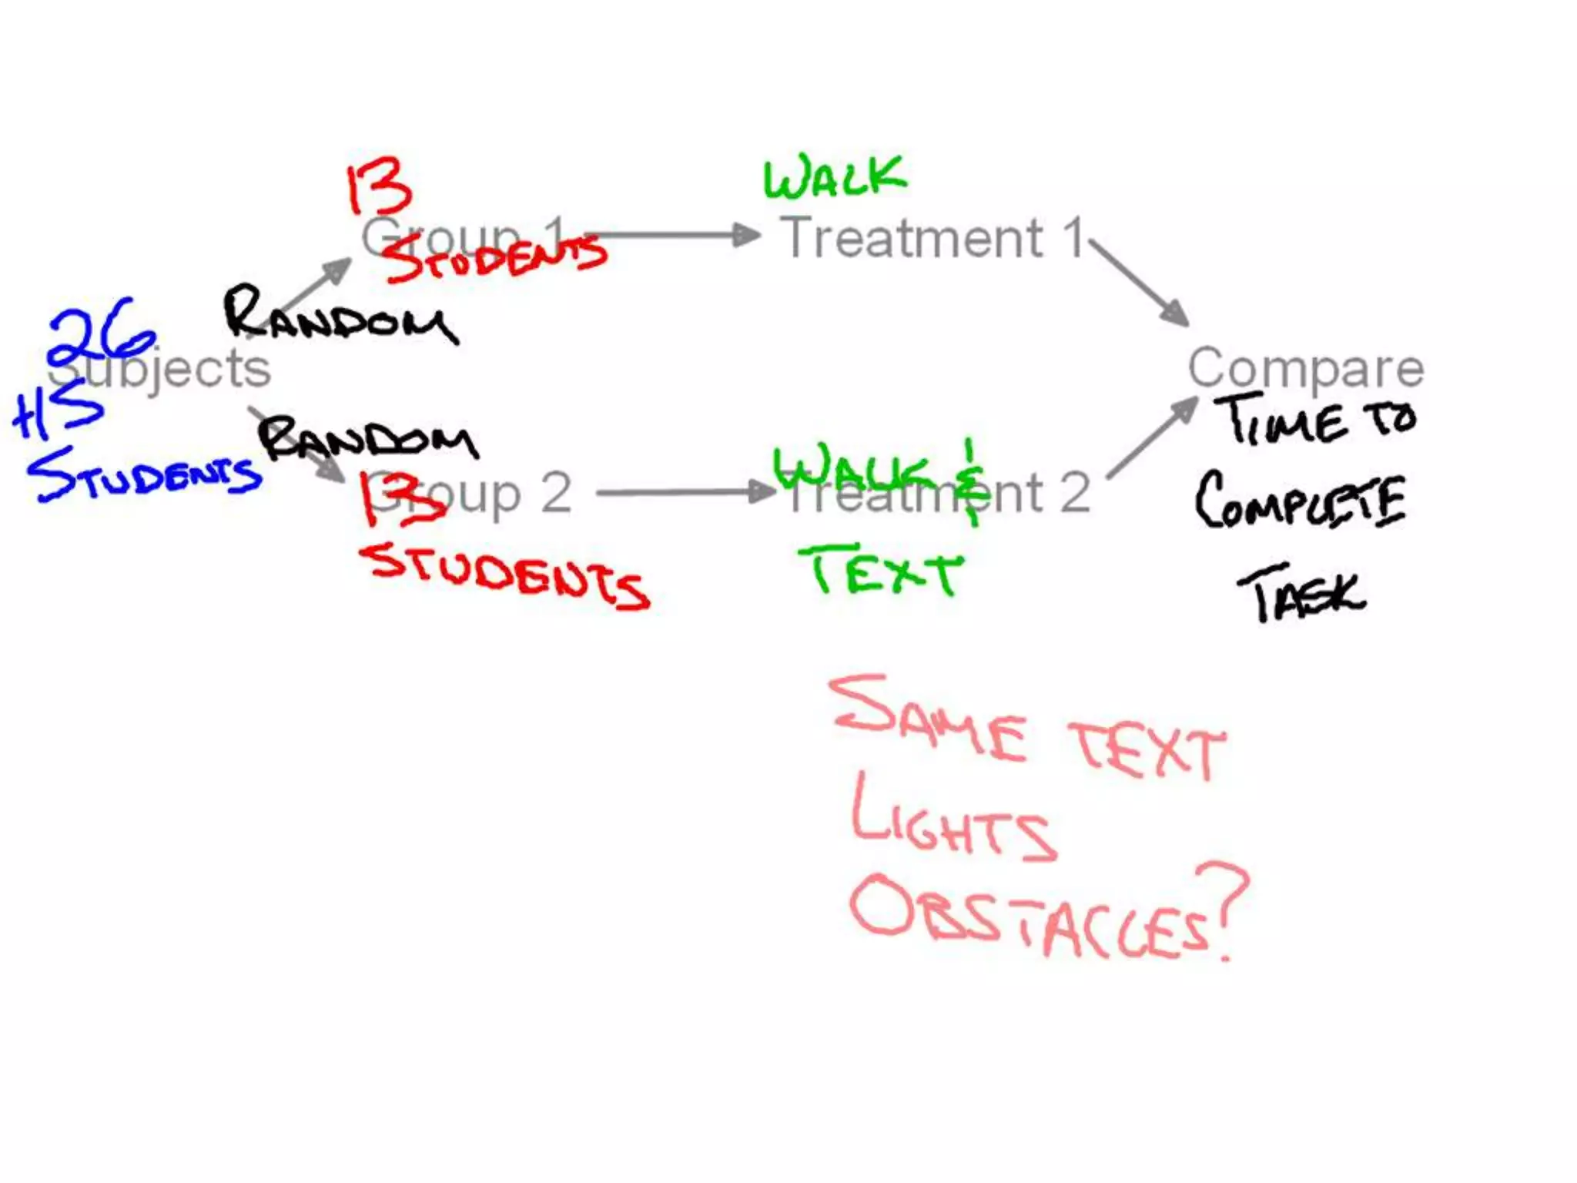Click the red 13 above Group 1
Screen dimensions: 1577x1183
click(377, 186)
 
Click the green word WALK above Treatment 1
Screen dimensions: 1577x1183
click(835, 177)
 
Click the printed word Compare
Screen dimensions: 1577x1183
click(1305, 368)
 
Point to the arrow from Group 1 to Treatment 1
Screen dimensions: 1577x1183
click(670, 235)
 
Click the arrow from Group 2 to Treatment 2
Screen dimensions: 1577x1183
click(685, 492)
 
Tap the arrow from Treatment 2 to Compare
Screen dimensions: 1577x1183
click(1151, 437)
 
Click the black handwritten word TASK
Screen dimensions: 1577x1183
click(1301, 595)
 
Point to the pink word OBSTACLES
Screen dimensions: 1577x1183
click(1028, 917)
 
